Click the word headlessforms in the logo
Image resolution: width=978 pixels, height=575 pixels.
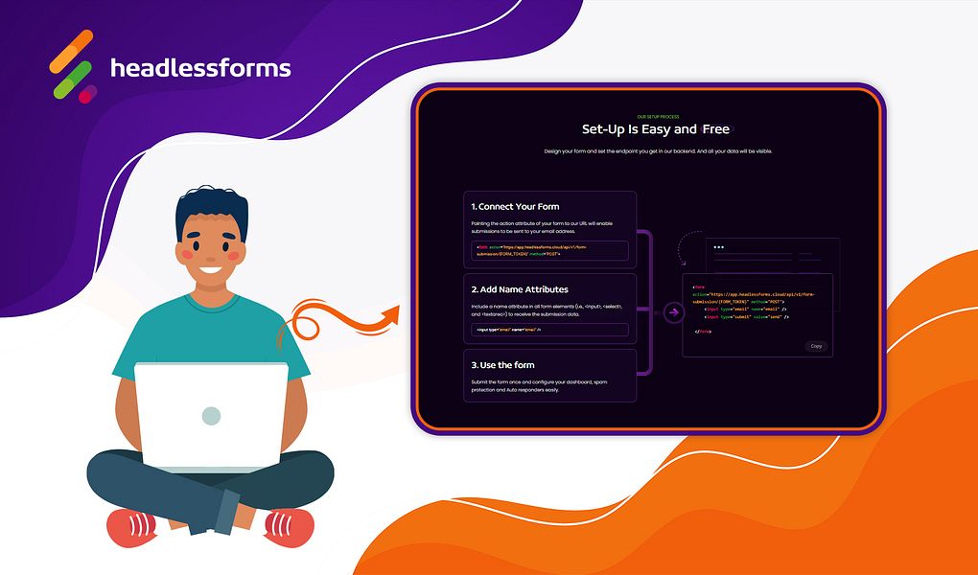pyautogui.click(x=200, y=68)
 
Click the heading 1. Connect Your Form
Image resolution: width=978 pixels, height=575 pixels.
pyautogui.click(x=515, y=206)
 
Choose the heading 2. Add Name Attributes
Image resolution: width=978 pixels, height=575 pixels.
pyautogui.click(x=519, y=288)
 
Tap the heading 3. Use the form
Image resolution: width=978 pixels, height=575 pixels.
pyautogui.click(x=502, y=365)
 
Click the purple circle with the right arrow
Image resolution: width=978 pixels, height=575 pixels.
pyautogui.click(x=674, y=311)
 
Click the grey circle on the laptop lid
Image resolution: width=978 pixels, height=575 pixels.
pyautogui.click(x=211, y=416)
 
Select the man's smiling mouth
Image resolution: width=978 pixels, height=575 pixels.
pyautogui.click(x=212, y=270)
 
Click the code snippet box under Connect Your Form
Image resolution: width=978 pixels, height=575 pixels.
pyautogui.click(x=549, y=250)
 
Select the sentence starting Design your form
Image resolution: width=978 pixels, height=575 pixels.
pyautogui.click(x=657, y=151)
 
